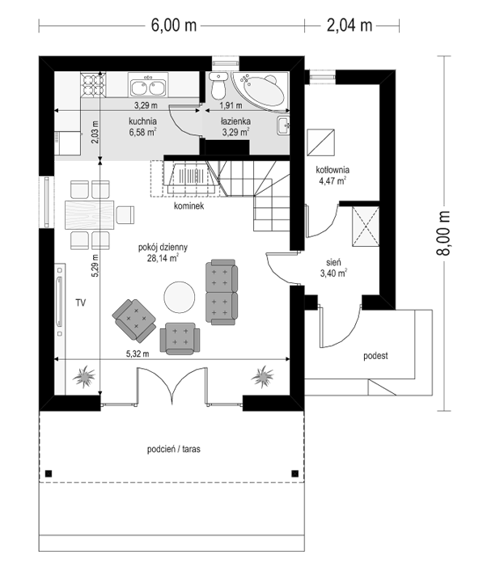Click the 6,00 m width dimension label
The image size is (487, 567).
point(174,26)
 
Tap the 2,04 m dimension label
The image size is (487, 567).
point(349,26)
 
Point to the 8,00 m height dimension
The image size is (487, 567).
point(443,233)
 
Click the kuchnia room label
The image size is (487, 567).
point(142,121)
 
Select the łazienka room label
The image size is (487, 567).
point(235,121)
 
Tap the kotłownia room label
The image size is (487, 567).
point(332,170)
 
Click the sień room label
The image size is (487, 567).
point(333,262)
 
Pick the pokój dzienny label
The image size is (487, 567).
point(163,248)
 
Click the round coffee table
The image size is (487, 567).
point(180,297)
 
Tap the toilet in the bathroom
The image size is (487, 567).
point(218,86)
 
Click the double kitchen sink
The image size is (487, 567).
point(148,85)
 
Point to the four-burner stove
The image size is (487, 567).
point(93,85)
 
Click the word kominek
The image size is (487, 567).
point(188,205)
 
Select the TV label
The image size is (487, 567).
point(81,303)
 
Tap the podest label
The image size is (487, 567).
point(375,356)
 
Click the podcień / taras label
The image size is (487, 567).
point(174,449)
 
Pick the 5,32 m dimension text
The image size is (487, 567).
point(138,353)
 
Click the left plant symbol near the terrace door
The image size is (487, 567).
point(84,377)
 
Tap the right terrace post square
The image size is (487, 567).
point(295,473)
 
